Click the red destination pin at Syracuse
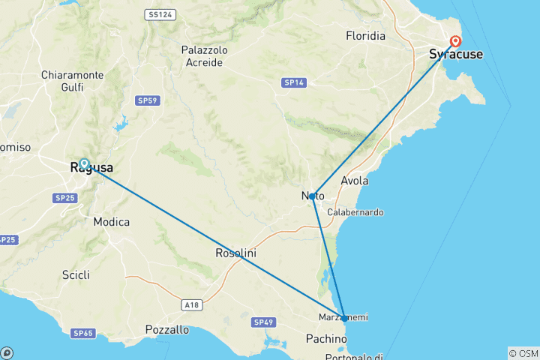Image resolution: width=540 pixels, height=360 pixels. (454, 42)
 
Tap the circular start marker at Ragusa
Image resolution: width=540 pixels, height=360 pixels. (84, 163)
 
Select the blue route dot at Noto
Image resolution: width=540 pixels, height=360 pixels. (312, 196)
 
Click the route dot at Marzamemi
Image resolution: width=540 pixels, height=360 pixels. (343, 317)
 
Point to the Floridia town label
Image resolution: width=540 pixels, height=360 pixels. (365, 36)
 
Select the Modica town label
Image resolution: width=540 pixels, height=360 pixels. (112, 222)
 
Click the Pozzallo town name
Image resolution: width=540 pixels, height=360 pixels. (168, 329)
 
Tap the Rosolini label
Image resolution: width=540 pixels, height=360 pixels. (235, 253)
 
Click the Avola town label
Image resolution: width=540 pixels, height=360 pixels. (355, 181)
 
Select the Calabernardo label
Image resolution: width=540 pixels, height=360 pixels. (355, 212)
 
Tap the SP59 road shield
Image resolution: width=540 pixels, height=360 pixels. (146, 100)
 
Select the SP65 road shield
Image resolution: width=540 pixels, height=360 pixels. (82, 332)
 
